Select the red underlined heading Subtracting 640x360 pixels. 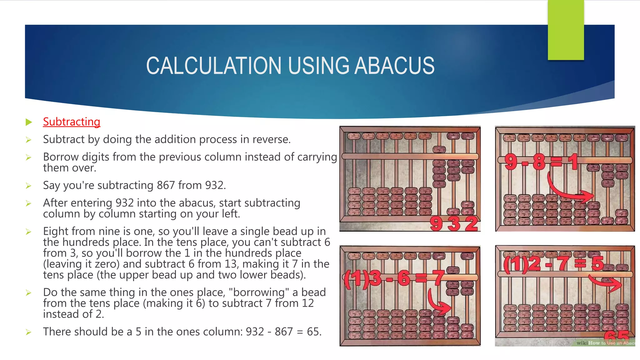[x=72, y=122]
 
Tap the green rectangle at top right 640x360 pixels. [x=566, y=30]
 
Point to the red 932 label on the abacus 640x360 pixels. [x=454, y=223]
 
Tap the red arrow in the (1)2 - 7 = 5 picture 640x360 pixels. [x=606, y=283]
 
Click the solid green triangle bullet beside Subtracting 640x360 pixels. [x=29, y=122]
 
